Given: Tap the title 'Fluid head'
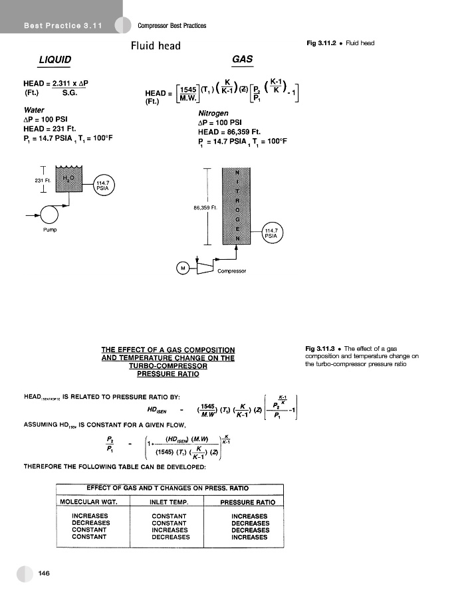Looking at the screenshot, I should [x=156, y=46].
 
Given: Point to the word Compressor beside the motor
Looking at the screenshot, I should [x=232, y=271].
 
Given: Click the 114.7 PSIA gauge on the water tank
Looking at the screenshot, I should [x=103, y=185].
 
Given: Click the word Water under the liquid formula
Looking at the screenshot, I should [x=34, y=110].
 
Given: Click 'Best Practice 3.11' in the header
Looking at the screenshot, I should [x=62, y=26].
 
